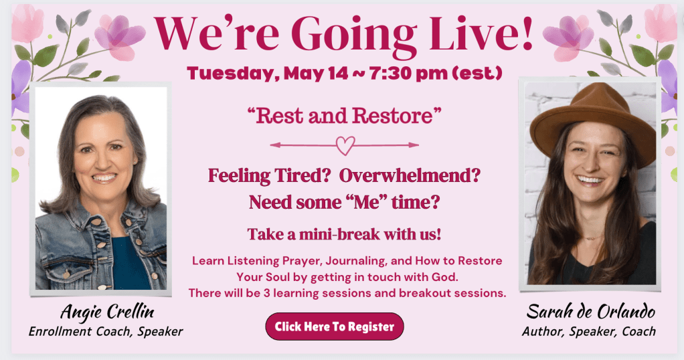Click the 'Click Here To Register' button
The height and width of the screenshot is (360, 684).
coord(335,327)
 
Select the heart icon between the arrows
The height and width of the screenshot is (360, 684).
coord(345,145)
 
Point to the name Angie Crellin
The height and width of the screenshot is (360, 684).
coord(107,312)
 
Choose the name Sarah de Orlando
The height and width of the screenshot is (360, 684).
coord(591,312)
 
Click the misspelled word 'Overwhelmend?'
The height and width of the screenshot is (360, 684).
coord(410,175)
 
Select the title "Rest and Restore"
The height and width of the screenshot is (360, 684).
coord(344,116)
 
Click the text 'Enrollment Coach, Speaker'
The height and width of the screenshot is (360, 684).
coord(106,332)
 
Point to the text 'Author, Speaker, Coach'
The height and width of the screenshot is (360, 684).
coord(589,332)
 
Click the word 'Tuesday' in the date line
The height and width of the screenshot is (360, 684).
coord(232,74)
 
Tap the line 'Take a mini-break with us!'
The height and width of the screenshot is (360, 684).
coord(344,234)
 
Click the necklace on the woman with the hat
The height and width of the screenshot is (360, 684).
coord(592,238)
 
